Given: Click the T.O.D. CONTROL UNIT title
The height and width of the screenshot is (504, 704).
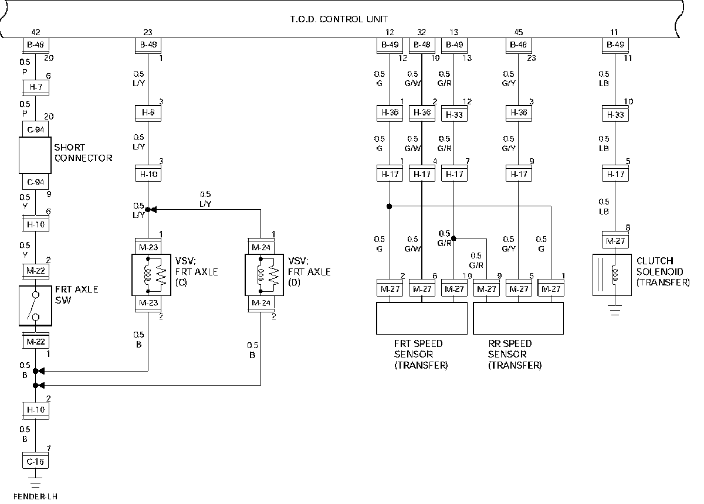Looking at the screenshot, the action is pyautogui.click(x=339, y=19).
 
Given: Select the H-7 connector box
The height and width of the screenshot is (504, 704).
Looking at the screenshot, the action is pyautogui.click(x=36, y=87).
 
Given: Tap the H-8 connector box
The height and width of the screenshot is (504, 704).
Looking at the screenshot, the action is pyautogui.click(x=148, y=113).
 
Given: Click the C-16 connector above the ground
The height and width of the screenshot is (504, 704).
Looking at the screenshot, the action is pyautogui.click(x=36, y=461).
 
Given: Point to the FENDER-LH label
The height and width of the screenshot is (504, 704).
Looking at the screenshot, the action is pyautogui.click(x=36, y=496).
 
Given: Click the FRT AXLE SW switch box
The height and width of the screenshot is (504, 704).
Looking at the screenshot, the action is pyautogui.click(x=36, y=305).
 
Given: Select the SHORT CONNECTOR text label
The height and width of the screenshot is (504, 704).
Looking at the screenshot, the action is pyautogui.click(x=83, y=152).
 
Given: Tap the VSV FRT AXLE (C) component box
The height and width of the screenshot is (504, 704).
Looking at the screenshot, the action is pyautogui.click(x=151, y=275).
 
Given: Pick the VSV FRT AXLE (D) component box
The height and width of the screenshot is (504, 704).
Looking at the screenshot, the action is pyautogui.click(x=265, y=275).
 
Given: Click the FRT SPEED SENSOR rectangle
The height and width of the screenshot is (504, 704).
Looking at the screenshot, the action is pyautogui.click(x=422, y=318).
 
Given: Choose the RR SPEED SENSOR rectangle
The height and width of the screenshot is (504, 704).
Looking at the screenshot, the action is pyautogui.click(x=518, y=318).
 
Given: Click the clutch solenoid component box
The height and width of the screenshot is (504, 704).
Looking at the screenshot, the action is pyautogui.click(x=612, y=275).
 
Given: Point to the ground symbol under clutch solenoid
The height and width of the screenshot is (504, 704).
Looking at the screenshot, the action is pyautogui.click(x=615, y=309).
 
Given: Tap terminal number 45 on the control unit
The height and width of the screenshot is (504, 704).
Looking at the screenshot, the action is pyautogui.click(x=519, y=32).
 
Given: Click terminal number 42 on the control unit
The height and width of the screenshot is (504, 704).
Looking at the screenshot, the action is pyautogui.click(x=36, y=32).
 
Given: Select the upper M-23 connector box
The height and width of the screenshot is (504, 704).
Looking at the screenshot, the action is pyautogui.click(x=148, y=247).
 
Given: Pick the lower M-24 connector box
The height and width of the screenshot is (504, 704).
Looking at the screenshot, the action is pyautogui.click(x=261, y=304).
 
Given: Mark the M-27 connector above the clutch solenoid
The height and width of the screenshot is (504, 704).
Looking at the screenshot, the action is pyautogui.click(x=615, y=240).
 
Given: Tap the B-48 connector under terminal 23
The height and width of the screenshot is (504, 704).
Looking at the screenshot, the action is pyautogui.click(x=148, y=46).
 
